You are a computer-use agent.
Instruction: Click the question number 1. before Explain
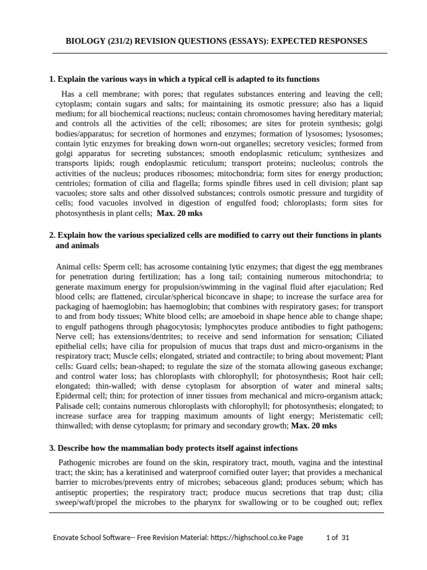[53, 79]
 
